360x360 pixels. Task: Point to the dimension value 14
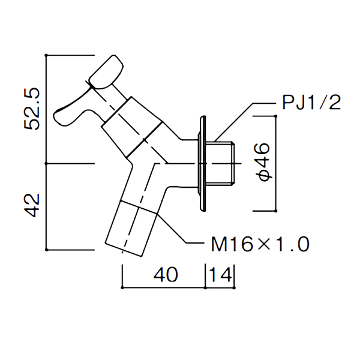pyautogui.click(x=221, y=275)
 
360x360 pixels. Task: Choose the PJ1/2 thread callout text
pyautogui.click(x=311, y=103)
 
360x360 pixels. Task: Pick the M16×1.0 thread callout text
pyautogui.click(x=260, y=244)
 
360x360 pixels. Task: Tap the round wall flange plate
pyautogui.click(x=203, y=163)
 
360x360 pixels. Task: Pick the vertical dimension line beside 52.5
pyautogui.click(x=47, y=109)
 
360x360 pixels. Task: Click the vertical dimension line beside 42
pyautogui.click(x=47, y=206)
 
